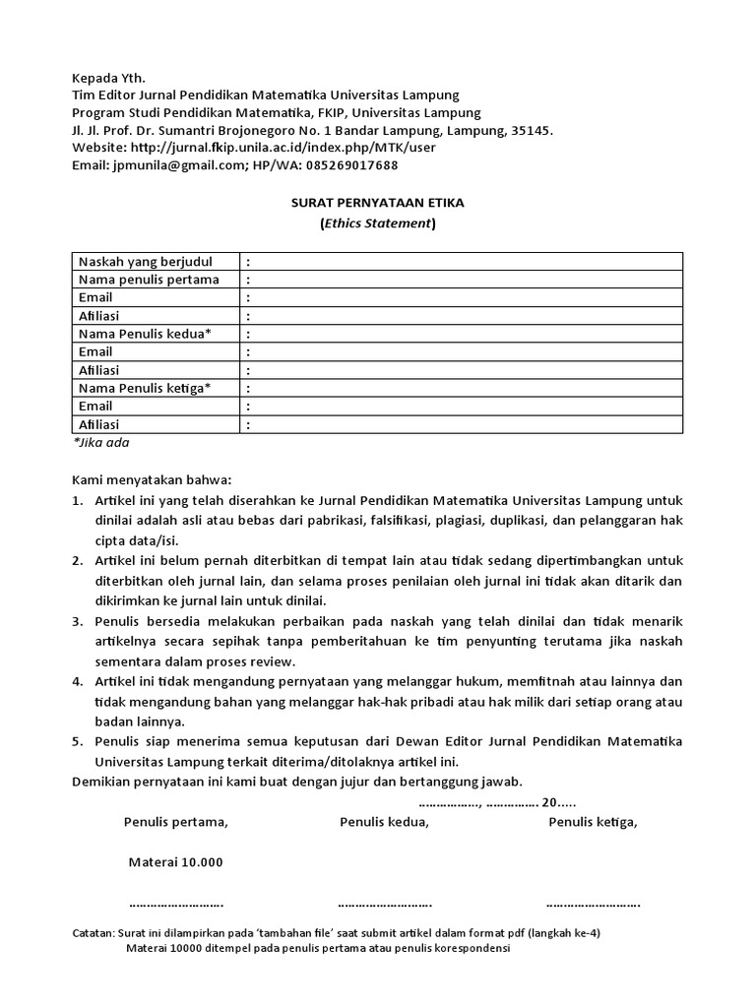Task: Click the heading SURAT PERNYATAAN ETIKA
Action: tap(377, 203)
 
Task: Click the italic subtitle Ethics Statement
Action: tap(377, 223)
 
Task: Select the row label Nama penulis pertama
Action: tap(148, 280)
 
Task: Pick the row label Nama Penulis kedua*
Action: tap(145, 334)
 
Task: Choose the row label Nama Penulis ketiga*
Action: tap(145, 388)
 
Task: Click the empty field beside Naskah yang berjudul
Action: tap(463, 262)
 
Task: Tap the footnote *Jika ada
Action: tap(101, 443)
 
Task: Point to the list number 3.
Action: tap(77, 622)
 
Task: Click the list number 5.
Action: tap(77, 740)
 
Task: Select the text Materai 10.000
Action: tap(176, 862)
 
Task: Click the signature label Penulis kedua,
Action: tap(384, 822)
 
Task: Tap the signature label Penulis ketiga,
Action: tap(593, 822)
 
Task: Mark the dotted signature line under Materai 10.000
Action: tap(176, 903)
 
